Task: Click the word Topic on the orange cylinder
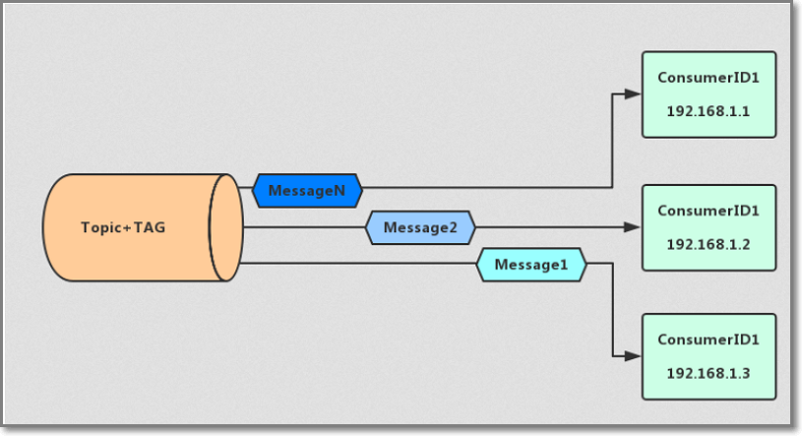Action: [x=98, y=228]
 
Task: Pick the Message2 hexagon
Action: [x=420, y=227]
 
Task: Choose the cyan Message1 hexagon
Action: [x=531, y=264]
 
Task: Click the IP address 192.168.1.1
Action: [x=709, y=112]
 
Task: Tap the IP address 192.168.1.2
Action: [x=709, y=243]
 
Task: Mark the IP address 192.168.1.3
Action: [x=709, y=373]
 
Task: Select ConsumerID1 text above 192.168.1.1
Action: [x=709, y=77]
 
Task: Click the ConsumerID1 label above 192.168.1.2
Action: [x=709, y=210]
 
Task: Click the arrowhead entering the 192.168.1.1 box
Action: [x=634, y=94]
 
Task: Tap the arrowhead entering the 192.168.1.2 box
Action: [x=634, y=227]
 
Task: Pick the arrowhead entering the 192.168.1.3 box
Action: [x=634, y=356]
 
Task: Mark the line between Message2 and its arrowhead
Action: [x=551, y=227]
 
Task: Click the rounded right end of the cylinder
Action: [x=225, y=228]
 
